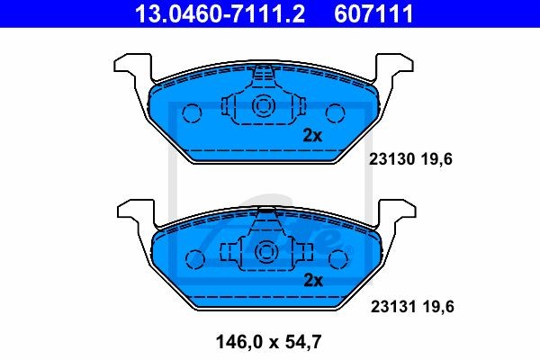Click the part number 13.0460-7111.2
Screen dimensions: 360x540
pos(204,13)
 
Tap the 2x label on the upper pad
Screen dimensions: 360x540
pos(311,136)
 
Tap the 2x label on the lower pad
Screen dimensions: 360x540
pos(311,279)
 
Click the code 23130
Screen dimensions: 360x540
pos(392,159)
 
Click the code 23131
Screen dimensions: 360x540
pos(392,306)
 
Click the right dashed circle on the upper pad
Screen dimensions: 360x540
pos(335,112)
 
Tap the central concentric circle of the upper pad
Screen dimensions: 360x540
pos(265,106)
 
